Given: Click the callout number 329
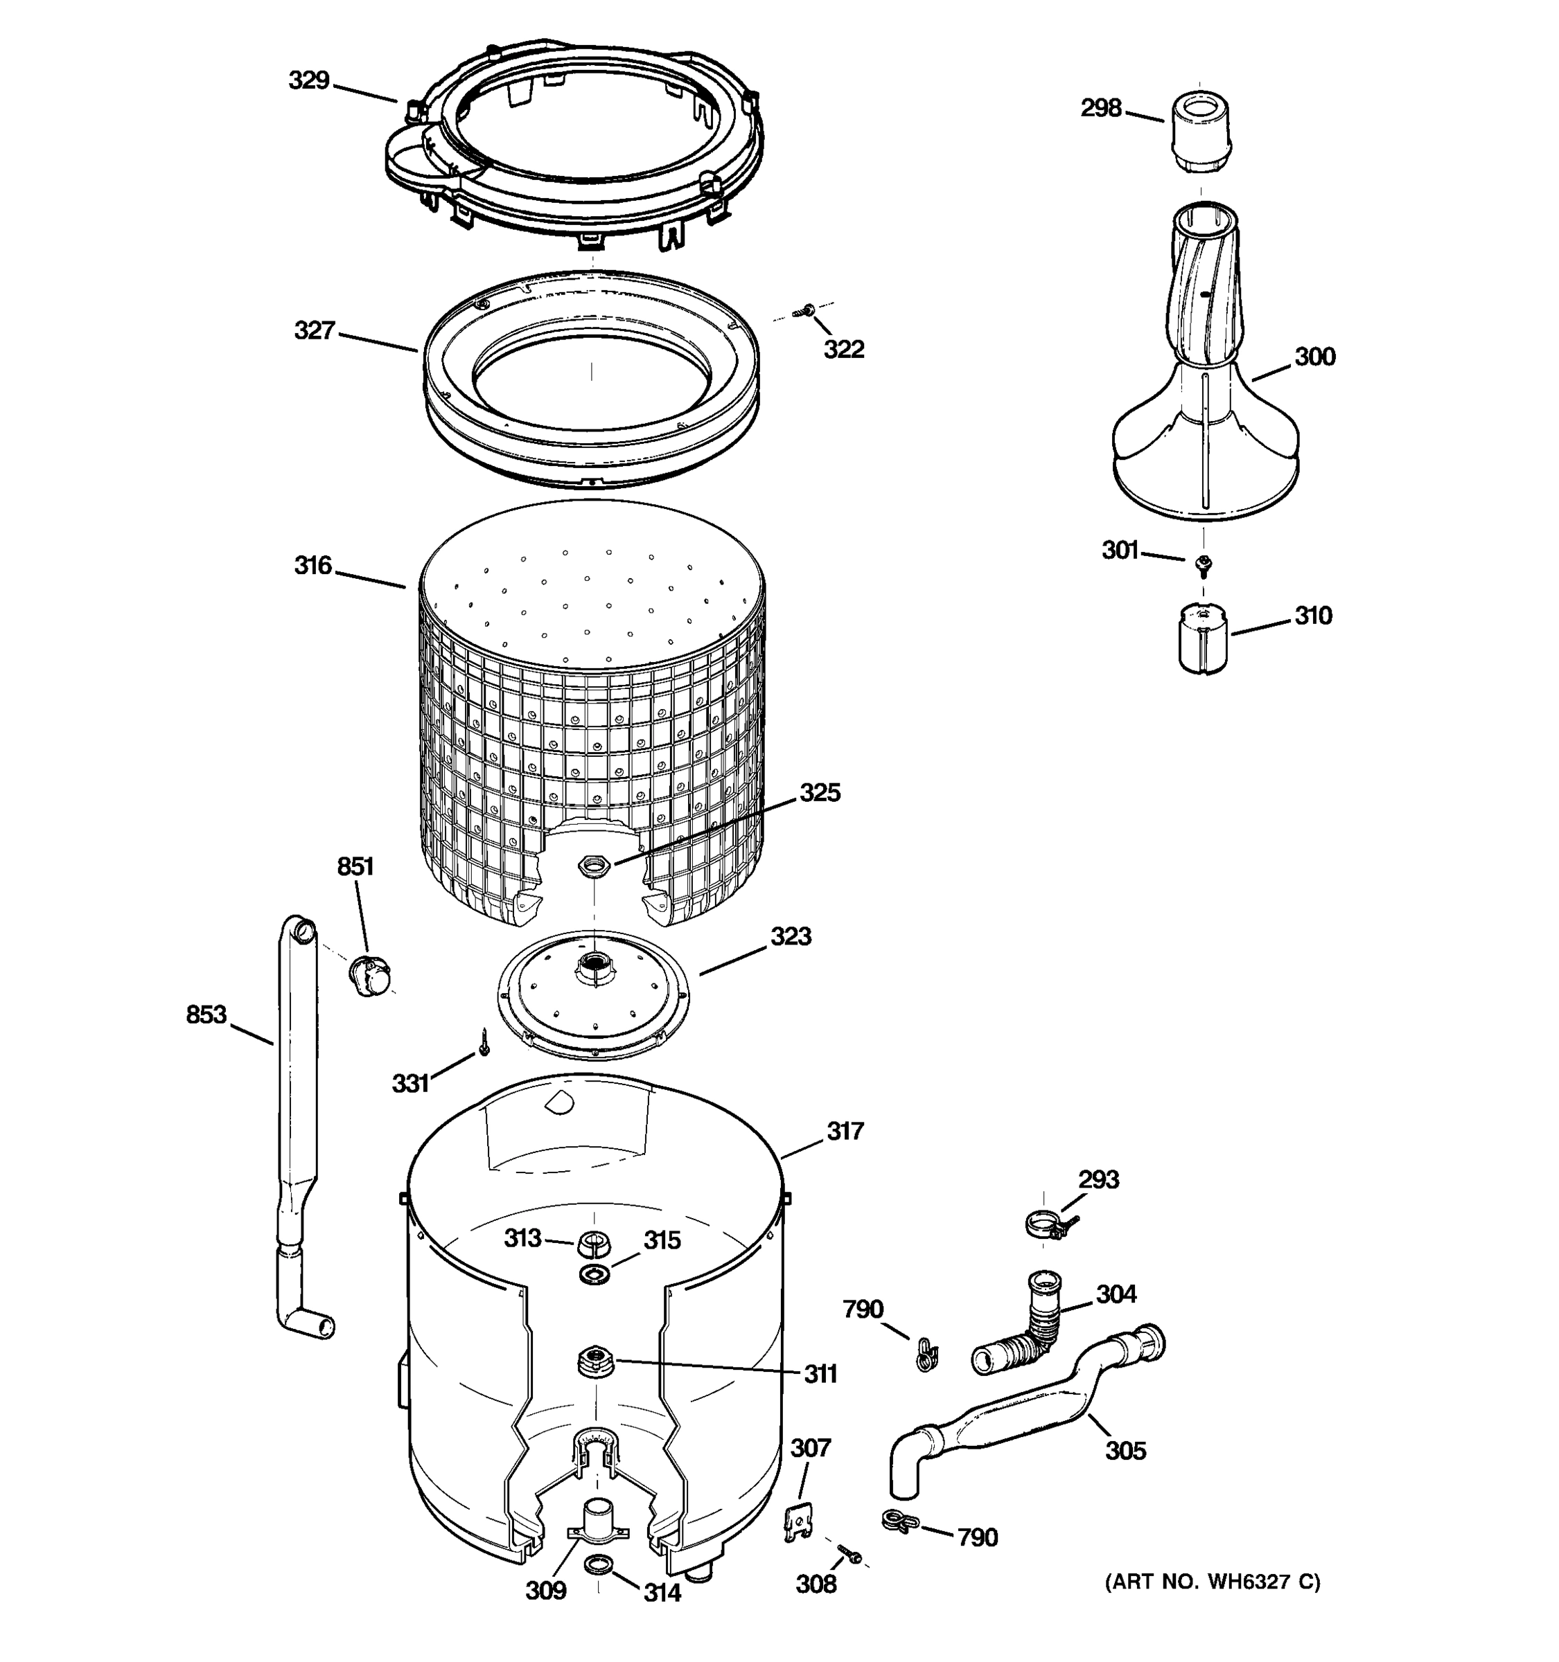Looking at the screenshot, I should pos(308,81).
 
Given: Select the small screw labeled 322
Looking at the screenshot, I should pos(808,311).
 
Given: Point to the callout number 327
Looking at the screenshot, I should pos(315,331).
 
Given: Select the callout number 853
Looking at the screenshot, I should pos(206,1015).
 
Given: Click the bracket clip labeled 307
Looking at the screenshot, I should pos(798,1522).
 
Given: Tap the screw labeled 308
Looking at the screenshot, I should pos(852,1556).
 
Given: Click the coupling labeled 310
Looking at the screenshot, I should pos(1203,638).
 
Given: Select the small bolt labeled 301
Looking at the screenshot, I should pos(1204,566).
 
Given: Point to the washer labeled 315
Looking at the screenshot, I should pos(594,1275).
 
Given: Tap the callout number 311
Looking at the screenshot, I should pos(820,1375).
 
